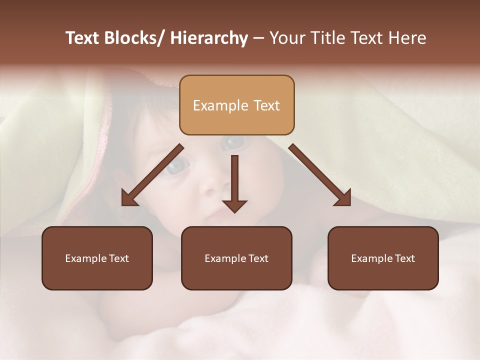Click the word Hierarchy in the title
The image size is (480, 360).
point(209,38)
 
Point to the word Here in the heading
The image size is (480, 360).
point(408,38)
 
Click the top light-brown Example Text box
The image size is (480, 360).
point(236,105)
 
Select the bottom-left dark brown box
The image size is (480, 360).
point(97,258)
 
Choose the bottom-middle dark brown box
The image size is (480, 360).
point(236,258)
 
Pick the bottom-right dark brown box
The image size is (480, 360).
point(383,258)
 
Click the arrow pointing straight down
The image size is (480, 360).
point(234,180)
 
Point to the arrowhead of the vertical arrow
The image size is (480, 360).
point(234,205)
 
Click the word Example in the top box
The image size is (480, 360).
point(220,105)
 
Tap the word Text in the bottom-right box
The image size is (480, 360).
point(404,258)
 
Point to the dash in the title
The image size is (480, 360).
point(258,38)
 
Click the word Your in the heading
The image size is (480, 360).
point(286,38)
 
